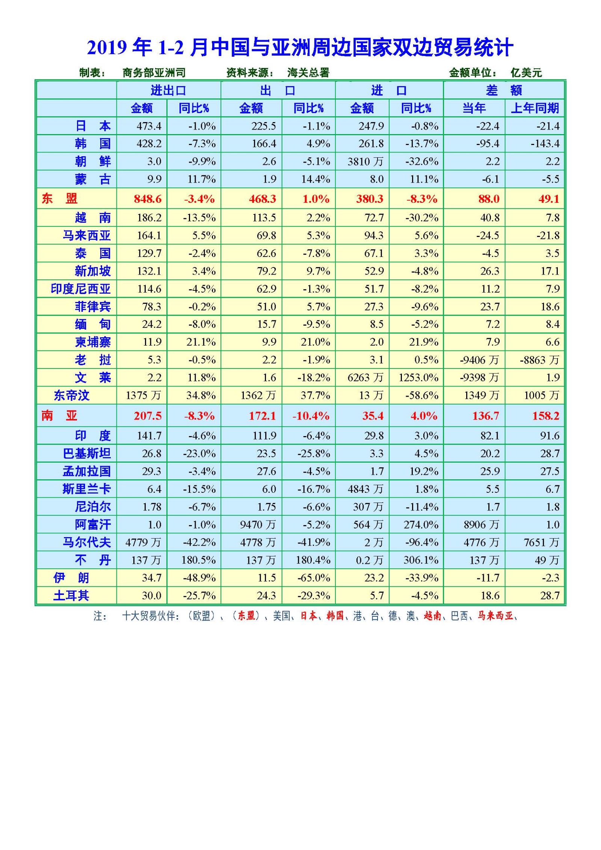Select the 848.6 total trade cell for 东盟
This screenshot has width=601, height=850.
(148, 199)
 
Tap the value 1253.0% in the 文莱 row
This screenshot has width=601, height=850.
(418, 377)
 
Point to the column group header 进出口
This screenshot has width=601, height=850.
(168, 91)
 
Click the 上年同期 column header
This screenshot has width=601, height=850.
(535, 108)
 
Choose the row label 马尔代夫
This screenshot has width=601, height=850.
(87, 542)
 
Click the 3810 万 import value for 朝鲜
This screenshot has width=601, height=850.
(365, 162)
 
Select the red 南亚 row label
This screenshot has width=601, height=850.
(59, 416)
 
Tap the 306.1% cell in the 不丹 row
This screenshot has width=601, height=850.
(421, 560)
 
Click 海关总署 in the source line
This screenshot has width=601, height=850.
(308, 72)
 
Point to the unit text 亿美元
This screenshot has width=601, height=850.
(526, 72)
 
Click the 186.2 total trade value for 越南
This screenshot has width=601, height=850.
(149, 217)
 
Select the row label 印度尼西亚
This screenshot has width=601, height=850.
(81, 289)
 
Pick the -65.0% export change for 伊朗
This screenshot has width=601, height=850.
(313, 578)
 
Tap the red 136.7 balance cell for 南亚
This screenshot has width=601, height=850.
(486, 416)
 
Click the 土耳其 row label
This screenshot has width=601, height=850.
(71, 596)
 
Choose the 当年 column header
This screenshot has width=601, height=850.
(474, 108)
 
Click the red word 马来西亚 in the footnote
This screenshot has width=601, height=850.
(495, 616)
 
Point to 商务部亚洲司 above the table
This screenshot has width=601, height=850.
(154, 72)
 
